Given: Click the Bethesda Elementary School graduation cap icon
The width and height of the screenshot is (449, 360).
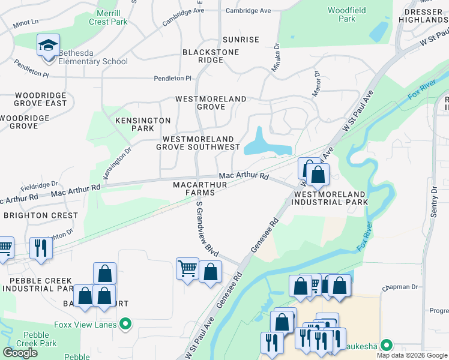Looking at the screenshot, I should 48,46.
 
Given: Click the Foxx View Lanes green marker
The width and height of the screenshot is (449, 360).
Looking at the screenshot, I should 125,325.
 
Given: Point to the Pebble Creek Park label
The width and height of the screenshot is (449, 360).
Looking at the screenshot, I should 40,339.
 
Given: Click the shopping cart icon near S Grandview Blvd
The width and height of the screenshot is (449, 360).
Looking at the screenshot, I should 187,268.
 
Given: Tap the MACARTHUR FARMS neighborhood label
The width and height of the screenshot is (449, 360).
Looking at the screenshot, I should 200,188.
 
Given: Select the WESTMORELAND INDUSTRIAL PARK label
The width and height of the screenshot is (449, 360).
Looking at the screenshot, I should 330,199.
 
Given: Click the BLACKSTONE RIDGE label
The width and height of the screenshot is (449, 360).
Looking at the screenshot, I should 211,56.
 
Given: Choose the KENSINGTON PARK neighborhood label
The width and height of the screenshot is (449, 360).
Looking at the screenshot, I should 143,124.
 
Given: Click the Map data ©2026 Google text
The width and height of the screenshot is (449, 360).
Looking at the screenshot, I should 412,355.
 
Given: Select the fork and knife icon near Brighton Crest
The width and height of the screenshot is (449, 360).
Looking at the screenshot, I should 40,247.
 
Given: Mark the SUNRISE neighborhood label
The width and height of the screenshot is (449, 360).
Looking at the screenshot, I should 241,40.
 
